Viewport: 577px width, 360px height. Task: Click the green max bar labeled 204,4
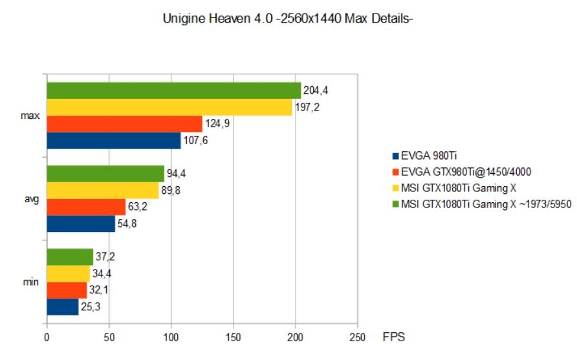(173, 90)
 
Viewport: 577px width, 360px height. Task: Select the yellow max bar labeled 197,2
(169, 107)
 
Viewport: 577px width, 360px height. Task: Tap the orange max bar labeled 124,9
(124, 123)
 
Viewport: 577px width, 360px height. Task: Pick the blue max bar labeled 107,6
(113, 140)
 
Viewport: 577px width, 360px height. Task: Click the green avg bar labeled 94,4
(105, 173)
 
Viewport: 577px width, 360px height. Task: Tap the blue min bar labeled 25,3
(62, 306)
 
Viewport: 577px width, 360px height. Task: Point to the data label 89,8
(171, 190)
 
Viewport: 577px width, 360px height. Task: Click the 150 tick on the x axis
(233, 337)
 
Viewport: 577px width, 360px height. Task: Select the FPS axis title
(394, 337)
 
